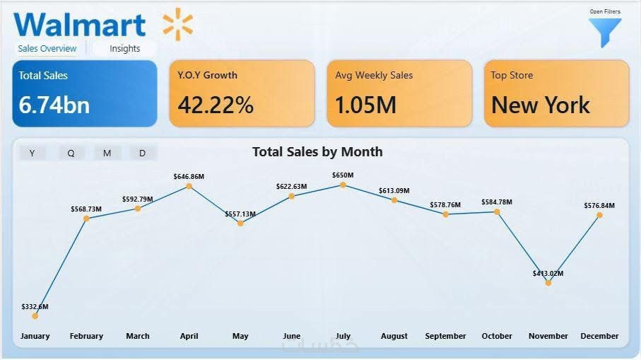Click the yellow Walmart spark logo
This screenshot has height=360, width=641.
coord(177,25)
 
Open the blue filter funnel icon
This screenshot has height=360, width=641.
coord(605,33)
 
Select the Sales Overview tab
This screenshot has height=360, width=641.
coord(47,49)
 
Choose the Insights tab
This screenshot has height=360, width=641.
coord(124,49)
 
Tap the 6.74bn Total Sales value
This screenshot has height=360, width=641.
coord(54,105)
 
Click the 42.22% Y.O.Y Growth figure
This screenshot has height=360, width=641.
coord(216,105)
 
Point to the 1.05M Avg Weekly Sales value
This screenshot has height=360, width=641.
coord(365,105)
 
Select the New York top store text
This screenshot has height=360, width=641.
coord(541,105)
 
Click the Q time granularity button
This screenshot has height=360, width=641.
coord(71,153)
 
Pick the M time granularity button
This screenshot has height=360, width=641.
coord(107,153)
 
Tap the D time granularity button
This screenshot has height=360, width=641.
coord(142,153)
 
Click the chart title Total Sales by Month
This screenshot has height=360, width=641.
coord(317,151)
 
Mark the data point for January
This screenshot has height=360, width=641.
coord(35,316)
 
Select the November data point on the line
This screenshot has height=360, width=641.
coord(548,283)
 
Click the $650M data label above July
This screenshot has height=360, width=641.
coord(343,175)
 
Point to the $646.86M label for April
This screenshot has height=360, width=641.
coord(189,176)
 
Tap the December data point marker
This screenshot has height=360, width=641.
coord(599,215)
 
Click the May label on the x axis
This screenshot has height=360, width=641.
coord(240,336)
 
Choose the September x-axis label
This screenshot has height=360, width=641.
coord(445,336)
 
